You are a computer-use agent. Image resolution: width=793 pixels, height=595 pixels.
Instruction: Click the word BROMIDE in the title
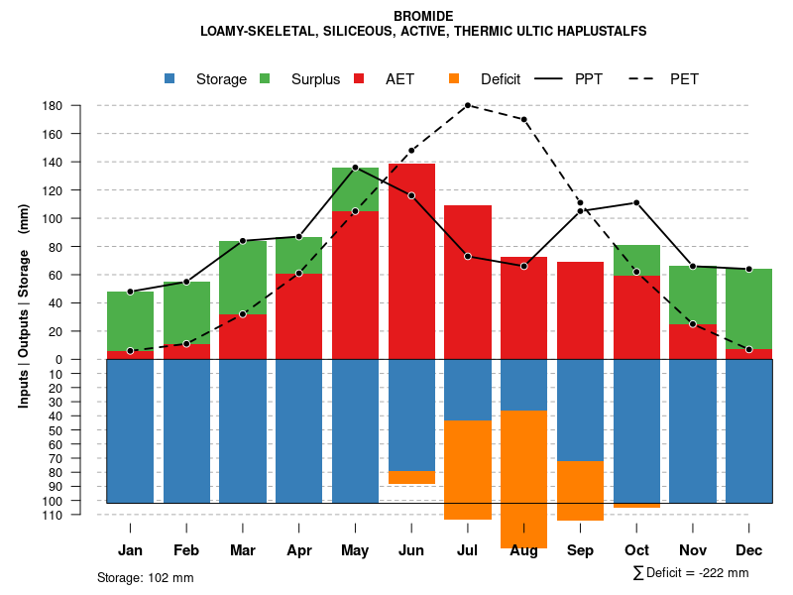[423, 16]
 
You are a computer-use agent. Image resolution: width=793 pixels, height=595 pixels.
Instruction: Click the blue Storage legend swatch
[170, 78]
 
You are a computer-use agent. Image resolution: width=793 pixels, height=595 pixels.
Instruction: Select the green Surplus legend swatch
[266, 78]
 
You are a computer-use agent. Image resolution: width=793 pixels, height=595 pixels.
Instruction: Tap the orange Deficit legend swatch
[455, 78]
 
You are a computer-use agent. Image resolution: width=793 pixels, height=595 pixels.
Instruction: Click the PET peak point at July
[468, 105]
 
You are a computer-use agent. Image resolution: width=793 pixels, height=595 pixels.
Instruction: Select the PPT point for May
[355, 168]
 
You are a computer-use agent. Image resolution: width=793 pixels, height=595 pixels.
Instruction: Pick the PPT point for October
[636, 202]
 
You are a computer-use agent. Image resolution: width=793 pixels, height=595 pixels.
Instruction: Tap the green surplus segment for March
[243, 278]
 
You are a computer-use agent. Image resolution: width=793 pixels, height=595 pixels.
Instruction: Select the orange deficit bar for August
[524, 479]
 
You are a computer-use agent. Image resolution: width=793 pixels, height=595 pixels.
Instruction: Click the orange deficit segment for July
[468, 469]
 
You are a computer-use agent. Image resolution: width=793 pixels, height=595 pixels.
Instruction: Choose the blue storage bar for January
[130, 430]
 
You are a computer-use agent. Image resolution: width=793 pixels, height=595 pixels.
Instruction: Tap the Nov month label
[693, 550]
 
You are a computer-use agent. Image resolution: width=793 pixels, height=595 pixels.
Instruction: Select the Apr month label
[299, 550]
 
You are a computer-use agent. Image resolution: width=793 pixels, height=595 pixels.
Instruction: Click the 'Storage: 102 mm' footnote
[146, 577]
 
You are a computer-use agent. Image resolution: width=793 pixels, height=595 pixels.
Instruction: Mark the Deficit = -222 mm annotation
[691, 573]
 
